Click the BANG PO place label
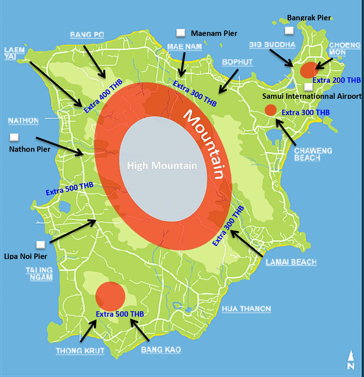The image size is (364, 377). pyautogui.click(x=87, y=35)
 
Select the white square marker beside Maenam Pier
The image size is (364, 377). pyautogui.click(x=180, y=33)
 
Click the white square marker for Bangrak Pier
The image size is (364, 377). pyautogui.click(x=289, y=31)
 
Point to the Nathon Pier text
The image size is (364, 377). pyautogui.click(x=29, y=149)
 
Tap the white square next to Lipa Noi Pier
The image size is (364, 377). pyautogui.click(x=41, y=245)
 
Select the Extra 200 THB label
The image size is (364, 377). pyautogui.click(x=336, y=80)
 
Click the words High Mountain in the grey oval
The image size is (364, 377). pyautogui.click(x=162, y=166)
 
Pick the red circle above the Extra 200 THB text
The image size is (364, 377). pyautogui.click(x=310, y=70)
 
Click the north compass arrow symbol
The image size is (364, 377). pyautogui.click(x=351, y=360)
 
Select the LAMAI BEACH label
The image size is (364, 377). pyautogui.click(x=291, y=262)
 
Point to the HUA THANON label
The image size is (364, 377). pyautogui.click(x=246, y=309)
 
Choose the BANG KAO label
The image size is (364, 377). pyautogui.click(x=161, y=350)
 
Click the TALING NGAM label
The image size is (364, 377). pyautogui.click(x=39, y=273)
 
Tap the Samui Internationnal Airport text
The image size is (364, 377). pyautogui.click(x=312, y=96)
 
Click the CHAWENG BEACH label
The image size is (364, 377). pyautogui.click(x=308, y=154)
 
